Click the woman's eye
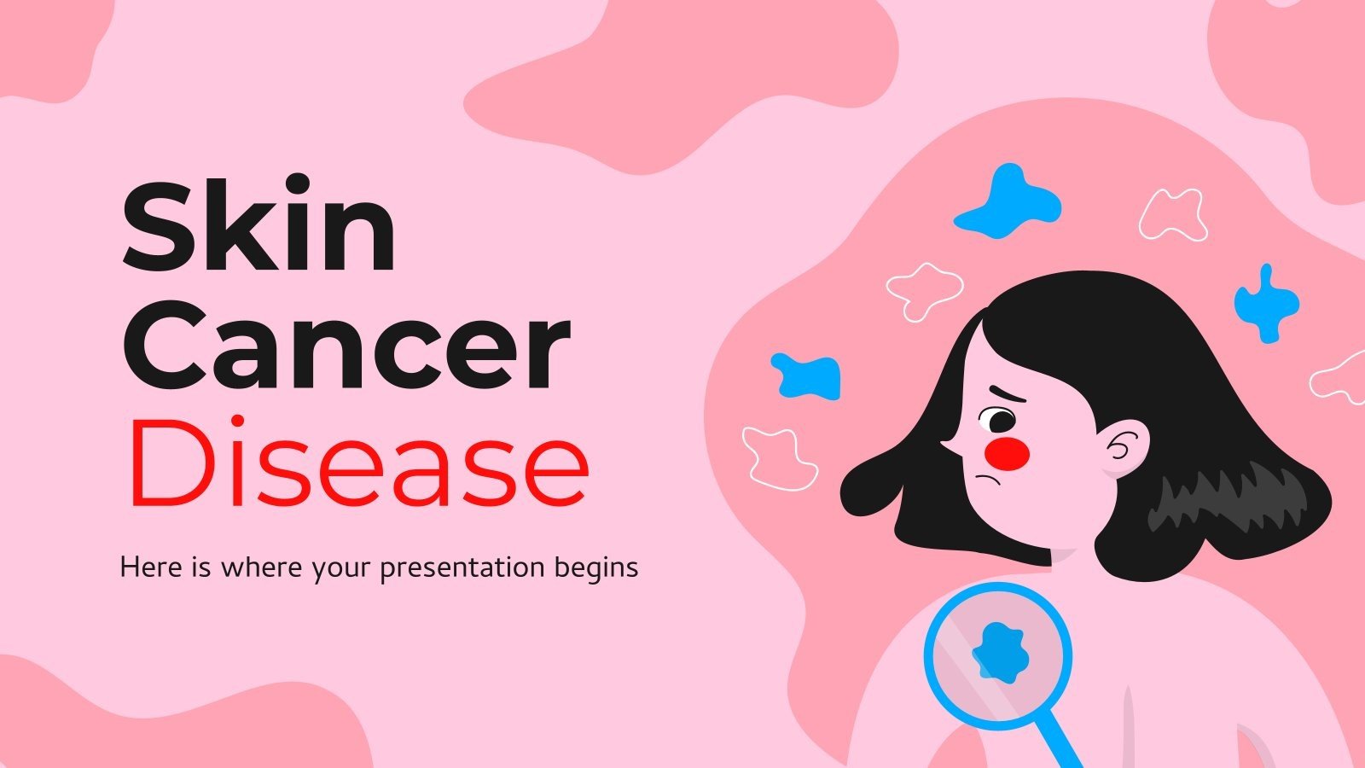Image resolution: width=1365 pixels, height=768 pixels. tap(996, 421)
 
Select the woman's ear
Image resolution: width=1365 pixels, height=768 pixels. tap(1125, 445)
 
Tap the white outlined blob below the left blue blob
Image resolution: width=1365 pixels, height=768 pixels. tap(778, 459)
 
